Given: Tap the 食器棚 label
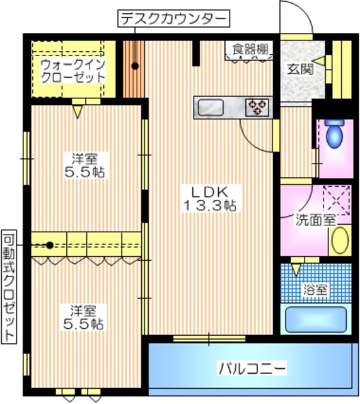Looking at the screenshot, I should [x=250, y=48].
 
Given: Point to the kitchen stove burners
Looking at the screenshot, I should [x=258, y=107].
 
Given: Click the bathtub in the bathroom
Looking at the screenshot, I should [x=316, y=319].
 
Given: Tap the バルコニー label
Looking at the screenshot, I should [x=253, y=367].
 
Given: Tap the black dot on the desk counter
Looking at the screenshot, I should [x=134, y=66].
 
